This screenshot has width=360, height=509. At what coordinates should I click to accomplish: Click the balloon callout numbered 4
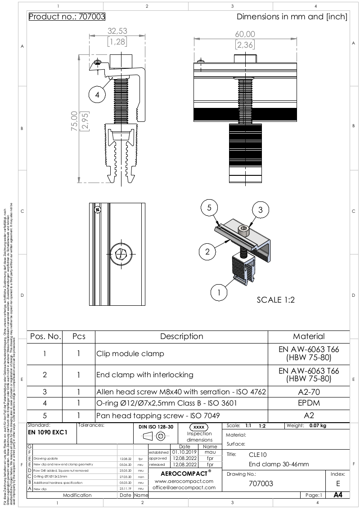97,94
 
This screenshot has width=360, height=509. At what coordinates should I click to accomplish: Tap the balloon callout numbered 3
260,210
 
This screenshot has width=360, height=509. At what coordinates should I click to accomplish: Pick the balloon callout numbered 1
219,292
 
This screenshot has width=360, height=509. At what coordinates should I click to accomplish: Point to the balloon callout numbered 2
207,251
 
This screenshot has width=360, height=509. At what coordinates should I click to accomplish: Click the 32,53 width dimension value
117,31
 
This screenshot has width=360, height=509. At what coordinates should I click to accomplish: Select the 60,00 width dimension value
245,34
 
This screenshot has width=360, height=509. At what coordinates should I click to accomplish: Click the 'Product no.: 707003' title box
67,17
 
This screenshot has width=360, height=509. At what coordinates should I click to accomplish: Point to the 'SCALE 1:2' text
275,300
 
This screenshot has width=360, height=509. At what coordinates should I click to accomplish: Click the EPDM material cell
309,403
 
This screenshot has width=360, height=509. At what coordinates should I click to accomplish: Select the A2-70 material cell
309,392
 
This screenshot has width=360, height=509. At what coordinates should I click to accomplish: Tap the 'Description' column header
182,336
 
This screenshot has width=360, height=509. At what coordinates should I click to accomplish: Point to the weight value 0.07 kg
318,425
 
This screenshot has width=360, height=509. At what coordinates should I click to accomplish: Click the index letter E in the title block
338,483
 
